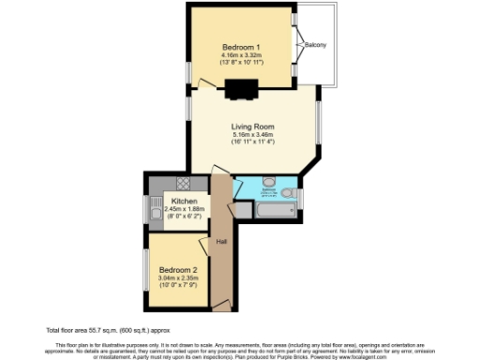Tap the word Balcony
coord(316,44)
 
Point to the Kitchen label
coord(183,201)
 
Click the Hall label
coord(221,241)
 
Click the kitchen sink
coord(155,212)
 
